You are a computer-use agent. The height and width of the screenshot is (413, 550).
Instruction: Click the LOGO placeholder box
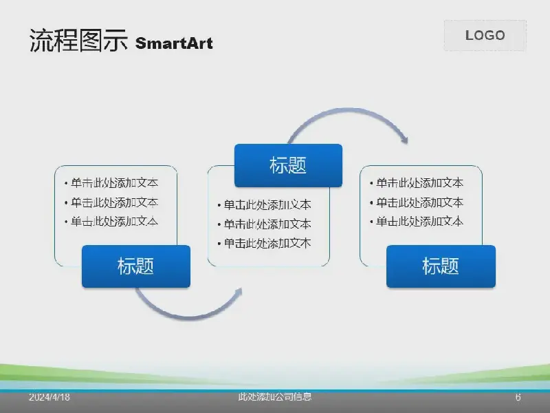point(485,36)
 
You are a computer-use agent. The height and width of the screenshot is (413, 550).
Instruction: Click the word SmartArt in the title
point(174,43)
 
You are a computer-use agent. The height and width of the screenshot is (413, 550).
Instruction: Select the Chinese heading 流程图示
point(78,41)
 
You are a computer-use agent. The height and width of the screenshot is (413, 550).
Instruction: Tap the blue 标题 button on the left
point(136,266)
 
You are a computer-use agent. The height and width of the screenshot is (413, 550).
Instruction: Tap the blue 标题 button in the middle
point(288,165)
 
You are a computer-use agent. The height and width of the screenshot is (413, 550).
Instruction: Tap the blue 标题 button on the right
point(441,266)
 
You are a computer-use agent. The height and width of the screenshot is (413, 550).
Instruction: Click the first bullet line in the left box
point(111,182)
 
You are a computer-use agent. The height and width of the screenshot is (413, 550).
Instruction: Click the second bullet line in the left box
point(111,202)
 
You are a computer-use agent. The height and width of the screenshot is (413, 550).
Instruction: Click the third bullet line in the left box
point(111,222)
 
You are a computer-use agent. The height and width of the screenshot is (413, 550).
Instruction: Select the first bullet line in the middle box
point(265,204)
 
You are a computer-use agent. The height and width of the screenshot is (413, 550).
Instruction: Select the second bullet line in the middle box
point(265,224)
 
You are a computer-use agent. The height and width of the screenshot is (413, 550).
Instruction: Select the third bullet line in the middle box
point(265,243)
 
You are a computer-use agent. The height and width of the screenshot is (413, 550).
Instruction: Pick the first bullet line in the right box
point(417,182)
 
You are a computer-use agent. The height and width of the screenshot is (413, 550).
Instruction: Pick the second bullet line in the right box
point(417,202)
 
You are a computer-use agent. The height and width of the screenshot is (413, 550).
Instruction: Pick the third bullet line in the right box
point(417,222)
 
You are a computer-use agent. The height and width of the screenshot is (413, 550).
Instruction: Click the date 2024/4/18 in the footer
point(49,397)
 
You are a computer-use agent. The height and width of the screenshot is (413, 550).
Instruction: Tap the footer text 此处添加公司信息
point(274,397)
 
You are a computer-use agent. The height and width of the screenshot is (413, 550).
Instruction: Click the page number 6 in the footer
point(518,397)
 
